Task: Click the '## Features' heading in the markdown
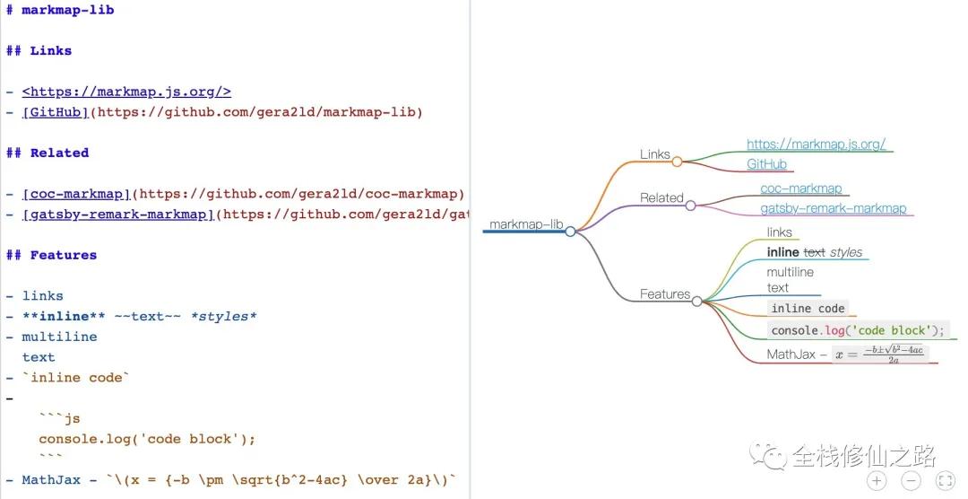pos(51,256)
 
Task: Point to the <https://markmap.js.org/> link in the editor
pos(126,92)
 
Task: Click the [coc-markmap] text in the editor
pos(77,194)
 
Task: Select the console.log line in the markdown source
pos(147,439)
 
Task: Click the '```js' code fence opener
pos(59,418)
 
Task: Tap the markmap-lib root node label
pos(526,224)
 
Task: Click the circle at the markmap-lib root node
pos(570,232)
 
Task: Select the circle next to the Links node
pos(677,162)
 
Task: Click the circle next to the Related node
pos(690,206)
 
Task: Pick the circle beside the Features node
pos(696,302)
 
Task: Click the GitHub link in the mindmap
pos(766,164)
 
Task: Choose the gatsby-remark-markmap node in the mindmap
pos(833,208)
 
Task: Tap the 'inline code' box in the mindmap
pos(808,308)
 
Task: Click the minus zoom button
pos(911,480)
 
